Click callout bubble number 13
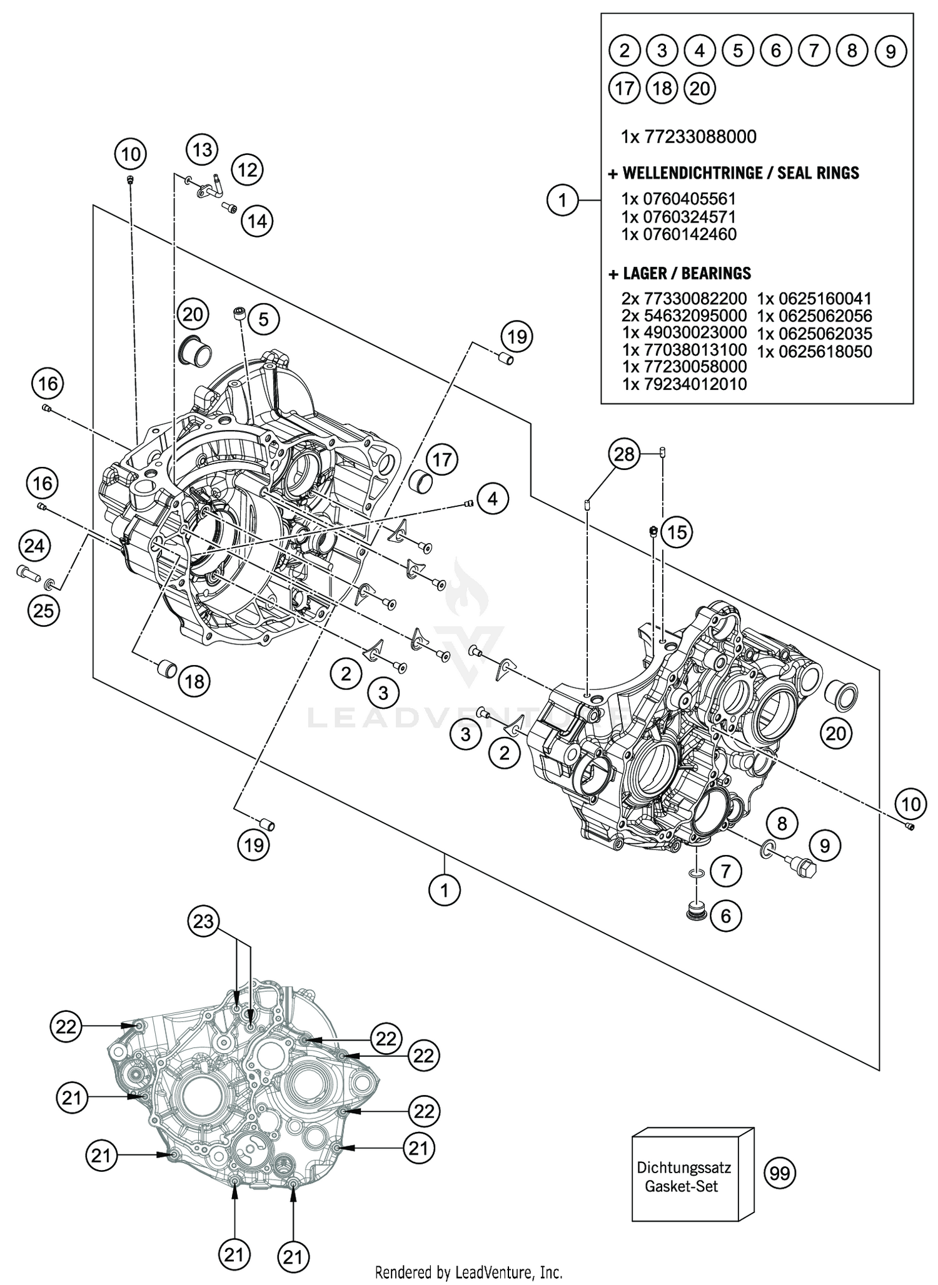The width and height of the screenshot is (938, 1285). click(x=202, y=150)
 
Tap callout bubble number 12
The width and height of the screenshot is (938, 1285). click(x=248, y=170)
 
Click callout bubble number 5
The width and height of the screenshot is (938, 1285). click(x=263, y=320)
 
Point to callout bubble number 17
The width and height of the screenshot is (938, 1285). click(x=442, y=461)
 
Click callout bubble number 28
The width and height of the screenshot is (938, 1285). click(x=624, y=454)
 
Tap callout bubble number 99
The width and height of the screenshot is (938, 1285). click(x=779, y=1174)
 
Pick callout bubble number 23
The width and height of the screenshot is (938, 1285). click(x=204, y=922)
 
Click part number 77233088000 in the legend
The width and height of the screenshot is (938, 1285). click(x=688, y=136)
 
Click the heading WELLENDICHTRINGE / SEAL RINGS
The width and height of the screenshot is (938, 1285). click(x=734, y=173)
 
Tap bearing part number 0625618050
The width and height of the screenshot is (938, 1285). click(x=814, y=352)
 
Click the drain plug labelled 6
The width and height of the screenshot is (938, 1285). click(x=697, y=911)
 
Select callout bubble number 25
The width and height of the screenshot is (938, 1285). click(x=43, y=610)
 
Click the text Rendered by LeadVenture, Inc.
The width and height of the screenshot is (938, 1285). click(x=468, y=1272)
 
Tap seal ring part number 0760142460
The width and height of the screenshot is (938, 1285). click(x=678, y=234)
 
